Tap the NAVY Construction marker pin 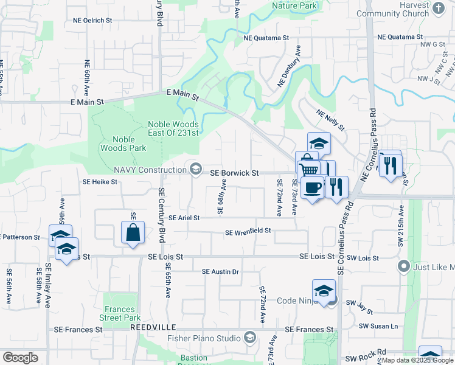pyautogui.click(x=196, y=169)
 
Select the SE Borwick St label pyautogui.click(x=234, y=173)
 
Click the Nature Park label pyautogui.click(x=295, y=5)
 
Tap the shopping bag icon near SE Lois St pyautogui.click(x=133, y=232)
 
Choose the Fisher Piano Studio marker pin pyautogui.click(x=250, y=337)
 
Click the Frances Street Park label pyautogui.click(x=122, y=313)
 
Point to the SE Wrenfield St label pyautogui.click(x=248, y=232)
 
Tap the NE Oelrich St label pyautogui.click(x=92, y=20)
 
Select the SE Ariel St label pyautogui.click(x=184, y=218)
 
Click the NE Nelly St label pyautogui.click(x=330, y=120)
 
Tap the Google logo pyautogui.click(x=20, y=358)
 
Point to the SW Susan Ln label pyautogui.click(x=378, y=326)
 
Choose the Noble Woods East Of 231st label pyautogui.click(x=173, y=129)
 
